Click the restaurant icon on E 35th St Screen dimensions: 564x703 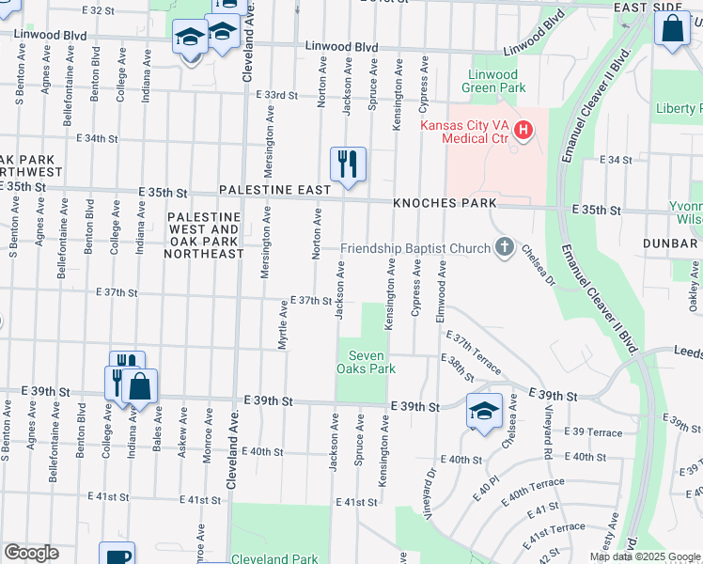pyautogui.click(x=348, y=164)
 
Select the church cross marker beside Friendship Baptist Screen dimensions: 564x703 pyautogui.click(x=505, y=248)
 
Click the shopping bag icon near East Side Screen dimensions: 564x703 pyautogui.click(x=674, y=27)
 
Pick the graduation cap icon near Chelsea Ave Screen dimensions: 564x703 pyautogui.click(x=485, y=412)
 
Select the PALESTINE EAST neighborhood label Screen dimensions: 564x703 pyautogui.click(x=274, y=190)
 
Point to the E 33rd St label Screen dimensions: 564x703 pyautogui.click(x=277, y=96)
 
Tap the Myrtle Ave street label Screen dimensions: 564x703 pyautogui.click(x=282, y=325)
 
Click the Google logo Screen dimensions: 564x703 pyautogui.click(x=31, y=553)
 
